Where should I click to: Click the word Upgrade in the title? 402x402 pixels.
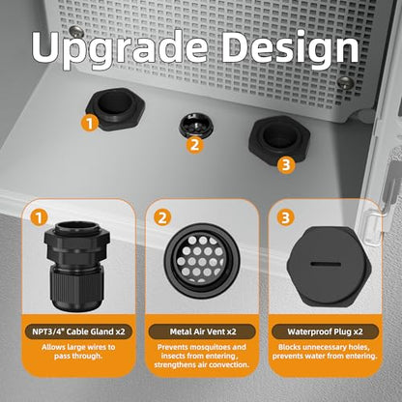(x=120, y=49)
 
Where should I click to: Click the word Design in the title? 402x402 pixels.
(x=290, y=49)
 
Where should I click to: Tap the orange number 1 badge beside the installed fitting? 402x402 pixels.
(x=90, y=123)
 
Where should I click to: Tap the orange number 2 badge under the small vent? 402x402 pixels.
(x=195, y=144)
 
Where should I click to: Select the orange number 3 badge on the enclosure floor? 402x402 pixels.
(x=286, y=164)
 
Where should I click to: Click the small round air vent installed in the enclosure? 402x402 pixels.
(x=196, y=125)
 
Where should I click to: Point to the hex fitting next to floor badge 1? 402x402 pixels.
(x=116, y=108)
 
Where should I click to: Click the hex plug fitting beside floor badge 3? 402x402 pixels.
(x=279, y=139)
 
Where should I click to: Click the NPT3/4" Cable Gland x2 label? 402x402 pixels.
(x=78, y=331)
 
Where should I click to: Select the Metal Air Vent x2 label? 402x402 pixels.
(x=203, y=331)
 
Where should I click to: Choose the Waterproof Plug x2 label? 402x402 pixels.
(x=325, y=331)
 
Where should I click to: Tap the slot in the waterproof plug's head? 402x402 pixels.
(x=326, y=265)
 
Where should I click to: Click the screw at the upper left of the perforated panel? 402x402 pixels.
(x=76, y=32)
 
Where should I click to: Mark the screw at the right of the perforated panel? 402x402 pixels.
(x=346, y=82)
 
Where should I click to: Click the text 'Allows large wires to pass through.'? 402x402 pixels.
(x=78, y=352)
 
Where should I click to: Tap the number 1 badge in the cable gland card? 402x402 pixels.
(x=39, y=217)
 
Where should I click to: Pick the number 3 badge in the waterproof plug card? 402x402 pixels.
(x=286, y=217)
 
